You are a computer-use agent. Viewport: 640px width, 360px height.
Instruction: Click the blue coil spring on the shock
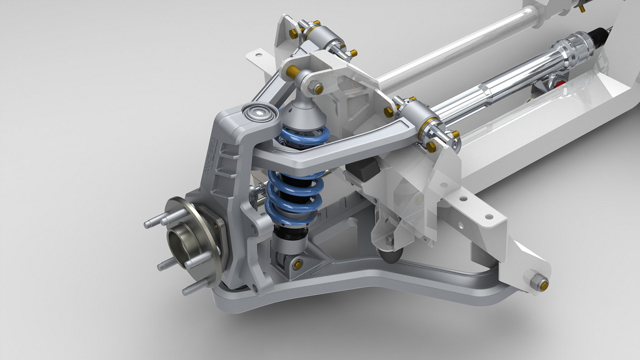(294, 194)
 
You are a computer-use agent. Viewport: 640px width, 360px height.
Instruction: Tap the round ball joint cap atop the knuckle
(259, 113)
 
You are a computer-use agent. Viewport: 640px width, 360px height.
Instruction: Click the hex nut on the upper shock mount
(317, 89)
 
